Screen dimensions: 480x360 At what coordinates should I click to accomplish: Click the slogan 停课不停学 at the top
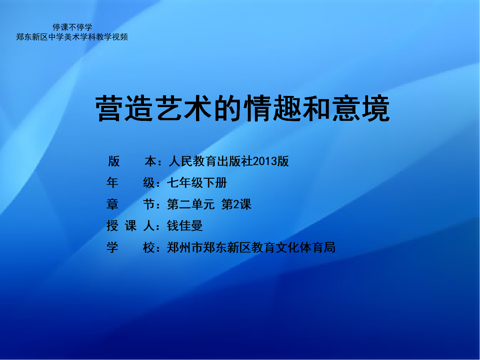tap(72, 27)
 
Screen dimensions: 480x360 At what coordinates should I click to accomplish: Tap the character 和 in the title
tap(316, 108)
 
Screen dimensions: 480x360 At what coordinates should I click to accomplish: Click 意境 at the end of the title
tap(361, 108)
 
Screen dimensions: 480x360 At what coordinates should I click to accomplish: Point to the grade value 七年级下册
tap(197, 183)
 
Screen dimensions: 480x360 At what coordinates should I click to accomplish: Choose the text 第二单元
tap(191, 204)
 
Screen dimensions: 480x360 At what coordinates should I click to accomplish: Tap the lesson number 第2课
tap(236, 204)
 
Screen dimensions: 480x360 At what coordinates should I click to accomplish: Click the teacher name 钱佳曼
tap(185, 226)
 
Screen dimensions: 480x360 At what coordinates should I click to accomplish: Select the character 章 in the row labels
tap(112, 204)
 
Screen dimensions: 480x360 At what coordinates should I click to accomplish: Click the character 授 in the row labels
tap(112, 226)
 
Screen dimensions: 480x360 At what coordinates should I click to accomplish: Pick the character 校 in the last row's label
tap(149, 247)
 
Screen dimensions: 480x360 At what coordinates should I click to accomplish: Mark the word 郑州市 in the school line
tap(185, 247)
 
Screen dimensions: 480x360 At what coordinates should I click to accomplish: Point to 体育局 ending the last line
tap(318, 247)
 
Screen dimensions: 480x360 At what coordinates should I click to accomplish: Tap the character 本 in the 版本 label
tap(151, 161)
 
